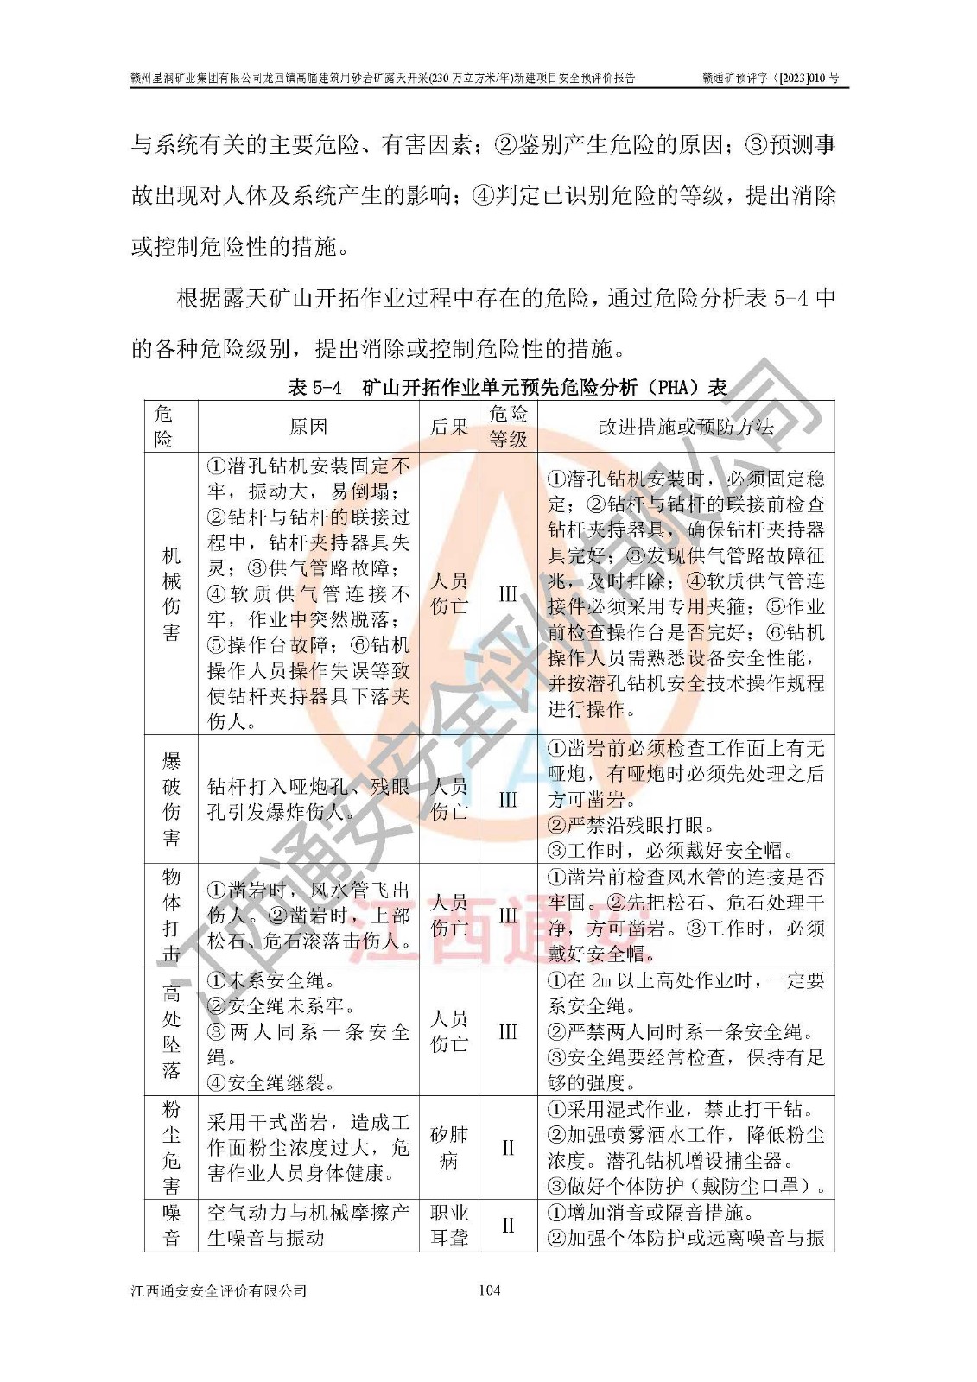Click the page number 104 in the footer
coord(489,1290)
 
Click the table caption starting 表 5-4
coord(507,387)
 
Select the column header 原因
coord(308,427)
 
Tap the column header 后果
coord(449,427)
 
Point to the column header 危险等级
coord(508,427)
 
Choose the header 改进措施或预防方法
coord(686,427)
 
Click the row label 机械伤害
coord(171,593)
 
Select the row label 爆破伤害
coord(171,799)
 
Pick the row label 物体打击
coord(171,915)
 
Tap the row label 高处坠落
coord(171,1031)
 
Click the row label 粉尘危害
coord(171,1147)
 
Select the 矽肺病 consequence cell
coord(449,1147)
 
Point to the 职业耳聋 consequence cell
coord(449,1225)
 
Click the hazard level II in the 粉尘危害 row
coord(508,1147)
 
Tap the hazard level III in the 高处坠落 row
coord(508,1031)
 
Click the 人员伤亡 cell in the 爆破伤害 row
coord(449,799)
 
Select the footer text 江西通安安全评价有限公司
coord(219,1290)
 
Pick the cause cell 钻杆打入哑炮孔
coord(308,799)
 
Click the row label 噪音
coord(171,1225)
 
